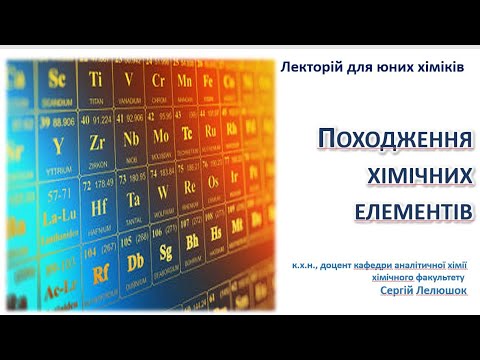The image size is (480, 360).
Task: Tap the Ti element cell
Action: pos(96,79)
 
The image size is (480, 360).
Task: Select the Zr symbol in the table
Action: pos(96,141)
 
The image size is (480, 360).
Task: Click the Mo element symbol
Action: pos(161,135)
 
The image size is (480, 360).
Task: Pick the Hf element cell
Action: pos(99,207)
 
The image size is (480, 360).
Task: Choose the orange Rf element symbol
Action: pos(100,273)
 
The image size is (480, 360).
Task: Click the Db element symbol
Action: pos(136,261)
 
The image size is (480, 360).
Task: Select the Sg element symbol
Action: pos(167,251)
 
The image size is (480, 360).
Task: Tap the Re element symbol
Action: pos(190,187)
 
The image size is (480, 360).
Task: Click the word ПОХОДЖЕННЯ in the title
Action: pos(394,140)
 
